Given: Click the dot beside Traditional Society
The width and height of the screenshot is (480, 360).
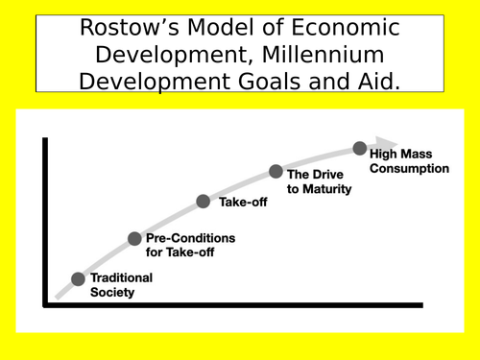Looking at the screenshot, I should point(78,279).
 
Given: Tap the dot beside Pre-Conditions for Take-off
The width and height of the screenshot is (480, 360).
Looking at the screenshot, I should point(134,238).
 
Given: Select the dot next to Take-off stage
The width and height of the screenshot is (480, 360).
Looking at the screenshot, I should point(204,202).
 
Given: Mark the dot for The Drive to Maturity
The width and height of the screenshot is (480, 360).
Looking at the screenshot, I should point(276,172).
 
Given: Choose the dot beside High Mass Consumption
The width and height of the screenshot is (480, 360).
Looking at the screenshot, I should point(359,149).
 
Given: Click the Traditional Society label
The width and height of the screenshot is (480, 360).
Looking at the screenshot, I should point(121,285).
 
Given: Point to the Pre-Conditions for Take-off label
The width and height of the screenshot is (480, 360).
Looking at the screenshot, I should point(190,245).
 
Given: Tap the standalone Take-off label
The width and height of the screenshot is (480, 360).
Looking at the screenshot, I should point(244,203).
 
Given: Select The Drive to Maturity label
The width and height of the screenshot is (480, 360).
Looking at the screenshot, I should point(319,181).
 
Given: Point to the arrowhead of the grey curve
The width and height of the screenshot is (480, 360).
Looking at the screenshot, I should point(388,143).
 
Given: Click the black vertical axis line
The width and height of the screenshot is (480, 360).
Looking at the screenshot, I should point(43,221).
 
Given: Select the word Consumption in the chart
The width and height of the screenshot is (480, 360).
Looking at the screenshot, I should point(409,169).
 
